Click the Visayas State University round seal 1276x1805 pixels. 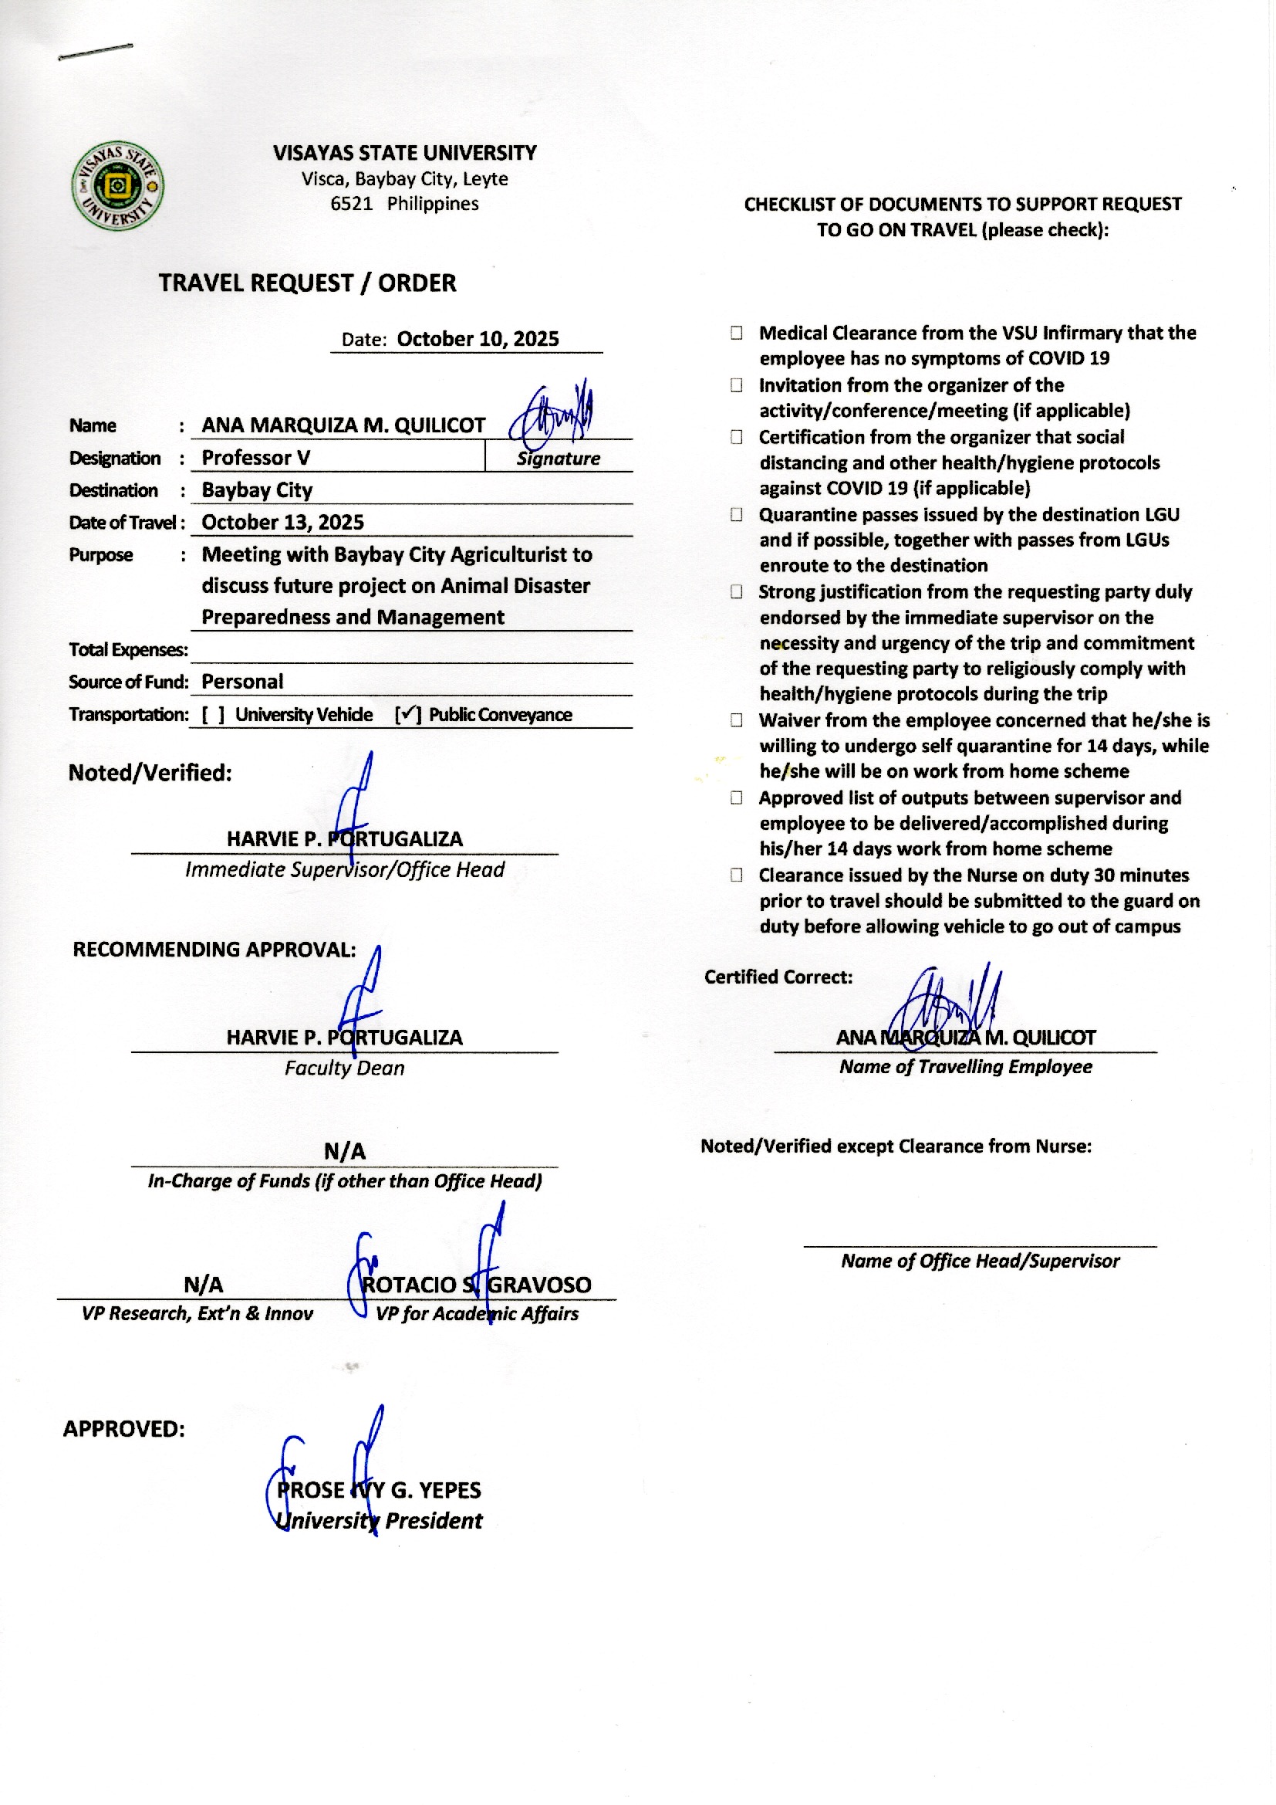pyautogui.click(x=118, y=186)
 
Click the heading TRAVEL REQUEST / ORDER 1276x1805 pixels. pyautogui.click(x=307, y=283)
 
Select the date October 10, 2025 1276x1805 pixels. pyautogui.click(x=478, y=339)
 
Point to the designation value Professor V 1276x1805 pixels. pyautogui.click(x=255, y=458)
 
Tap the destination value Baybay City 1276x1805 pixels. pyautogui.click(x=257, y=489)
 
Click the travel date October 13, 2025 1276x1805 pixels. pyautogui.click(x=283, y=522)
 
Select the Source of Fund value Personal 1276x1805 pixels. pyautogui.click(x=242, y=682)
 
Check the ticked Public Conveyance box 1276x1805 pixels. pyautogui.click(x=408, y=714)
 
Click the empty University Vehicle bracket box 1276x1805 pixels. pyautogui.click(x=213, y=715)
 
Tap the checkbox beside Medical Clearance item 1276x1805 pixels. pyautogui.click(x=736, y=333)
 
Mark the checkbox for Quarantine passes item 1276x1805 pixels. pyautogui.click(x=736, y=514)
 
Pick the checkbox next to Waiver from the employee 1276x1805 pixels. pyautogui.click(x=736, y=720)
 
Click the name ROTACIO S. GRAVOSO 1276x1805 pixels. pyautogui.click(x=476, y=1285)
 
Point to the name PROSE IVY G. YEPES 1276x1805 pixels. pyautogui.click(x=379, y=1490)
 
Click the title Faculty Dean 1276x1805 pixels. pyautogui.click(x=344, y=1068)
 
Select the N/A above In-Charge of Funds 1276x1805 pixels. pyautogui.click(x=345, y=1152)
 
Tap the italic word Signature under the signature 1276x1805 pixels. pyautogui.click(x=558, y=459)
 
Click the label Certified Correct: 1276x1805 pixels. pyautogui.click(x=778, y=977)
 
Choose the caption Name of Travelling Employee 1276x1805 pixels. pyautogui.click(x=966, y=1067)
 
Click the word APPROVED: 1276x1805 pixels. pyautogui.click(x=124, y=1428)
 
